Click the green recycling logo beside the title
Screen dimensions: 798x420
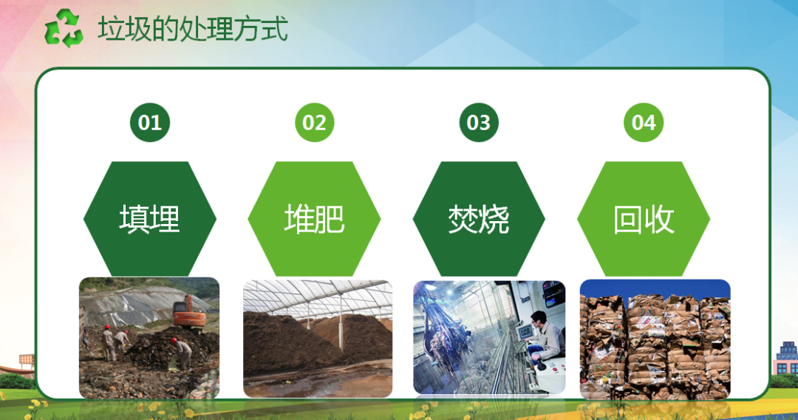(x=64, y=28)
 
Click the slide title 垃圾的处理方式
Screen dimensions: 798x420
(x=193, y=29)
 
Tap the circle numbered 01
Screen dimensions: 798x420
(x=149, y=123)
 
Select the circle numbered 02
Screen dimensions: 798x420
(x=315, y=123)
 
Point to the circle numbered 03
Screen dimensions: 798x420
(x=479, y=123)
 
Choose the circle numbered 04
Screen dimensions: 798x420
(x=644, y=123)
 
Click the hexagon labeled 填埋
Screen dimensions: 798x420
(x=150, y=219)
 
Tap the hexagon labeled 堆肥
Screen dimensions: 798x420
(x=315, y=219)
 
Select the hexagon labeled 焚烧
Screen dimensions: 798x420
(x=479, y=219)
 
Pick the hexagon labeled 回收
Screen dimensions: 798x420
(x=644, y=219)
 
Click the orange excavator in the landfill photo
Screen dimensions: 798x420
(x=189, y=312)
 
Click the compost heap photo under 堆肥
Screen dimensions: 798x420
(x=318, y=339)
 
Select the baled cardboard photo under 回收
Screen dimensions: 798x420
(x=655, y=339)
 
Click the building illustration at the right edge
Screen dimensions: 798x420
(x=785, y=359)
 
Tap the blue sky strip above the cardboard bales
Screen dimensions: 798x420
(x=655, y=288)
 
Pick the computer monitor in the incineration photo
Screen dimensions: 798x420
(x=524, y=333)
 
